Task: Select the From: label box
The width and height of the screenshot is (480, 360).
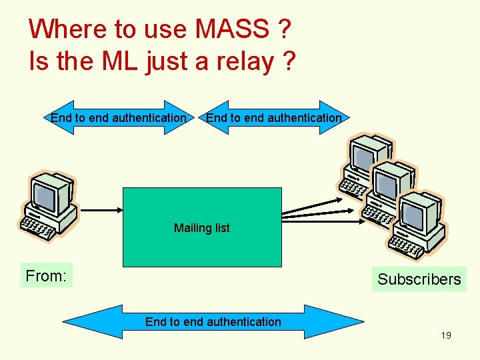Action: point(46,275)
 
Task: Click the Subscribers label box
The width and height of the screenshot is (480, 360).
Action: point(419,279)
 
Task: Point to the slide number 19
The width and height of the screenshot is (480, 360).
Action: point(445,335)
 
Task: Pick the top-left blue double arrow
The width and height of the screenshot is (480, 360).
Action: point(118,118)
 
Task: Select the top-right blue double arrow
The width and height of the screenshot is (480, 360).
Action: point(273,118)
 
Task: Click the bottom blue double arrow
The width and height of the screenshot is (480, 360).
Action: point(213,322)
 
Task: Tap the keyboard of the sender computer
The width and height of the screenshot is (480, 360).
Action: point(39,227)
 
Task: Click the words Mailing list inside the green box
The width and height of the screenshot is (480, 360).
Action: point(202,228)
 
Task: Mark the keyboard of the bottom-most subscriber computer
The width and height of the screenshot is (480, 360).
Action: point(409,245)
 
